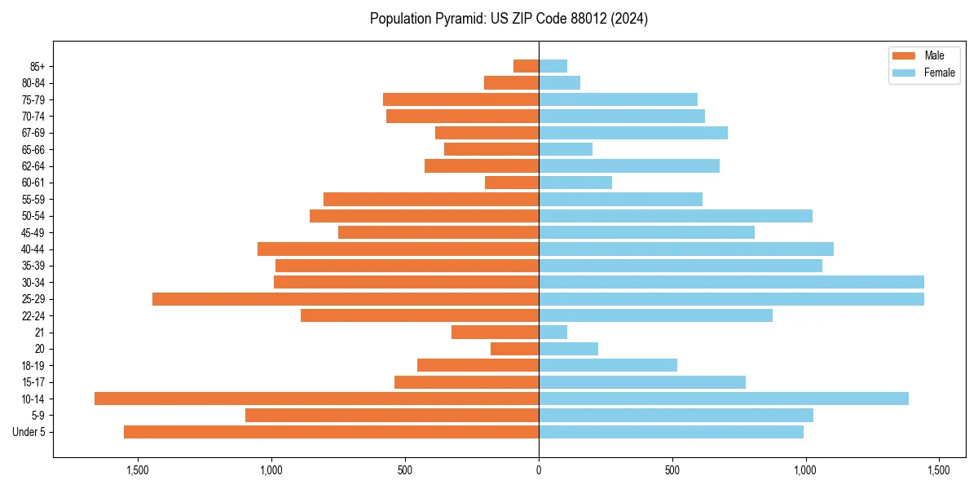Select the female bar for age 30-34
731,282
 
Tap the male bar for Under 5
331,432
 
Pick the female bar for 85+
553,66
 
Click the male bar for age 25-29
346,299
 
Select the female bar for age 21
553,333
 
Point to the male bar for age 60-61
512,183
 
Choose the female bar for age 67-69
633,133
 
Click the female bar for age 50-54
676,216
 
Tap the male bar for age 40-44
398,249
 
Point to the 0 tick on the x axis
539,470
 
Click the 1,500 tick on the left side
138,470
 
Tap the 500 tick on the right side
672,470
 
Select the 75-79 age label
33,99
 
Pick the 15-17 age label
33,382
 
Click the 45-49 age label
33,232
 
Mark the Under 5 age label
29,432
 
